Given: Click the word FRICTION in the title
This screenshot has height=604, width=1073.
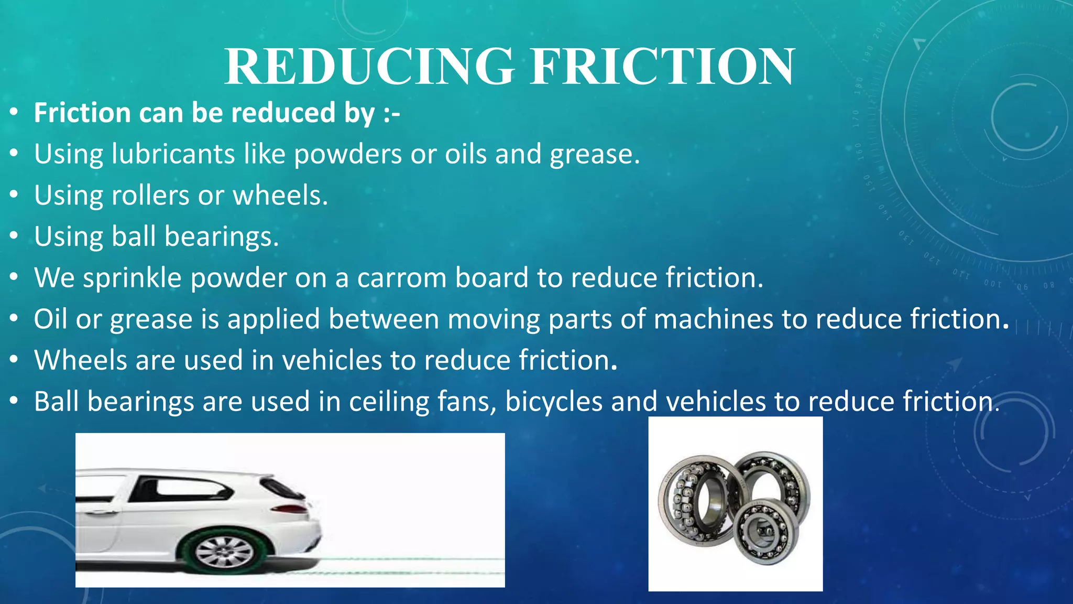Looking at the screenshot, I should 662,67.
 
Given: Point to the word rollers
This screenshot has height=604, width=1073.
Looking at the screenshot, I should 150,196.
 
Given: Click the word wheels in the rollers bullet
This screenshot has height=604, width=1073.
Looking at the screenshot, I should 280,196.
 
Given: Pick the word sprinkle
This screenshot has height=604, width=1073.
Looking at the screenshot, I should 132,278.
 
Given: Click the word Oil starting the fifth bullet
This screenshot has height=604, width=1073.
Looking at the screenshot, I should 50,319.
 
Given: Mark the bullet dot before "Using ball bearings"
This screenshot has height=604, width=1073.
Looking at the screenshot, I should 14,236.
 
